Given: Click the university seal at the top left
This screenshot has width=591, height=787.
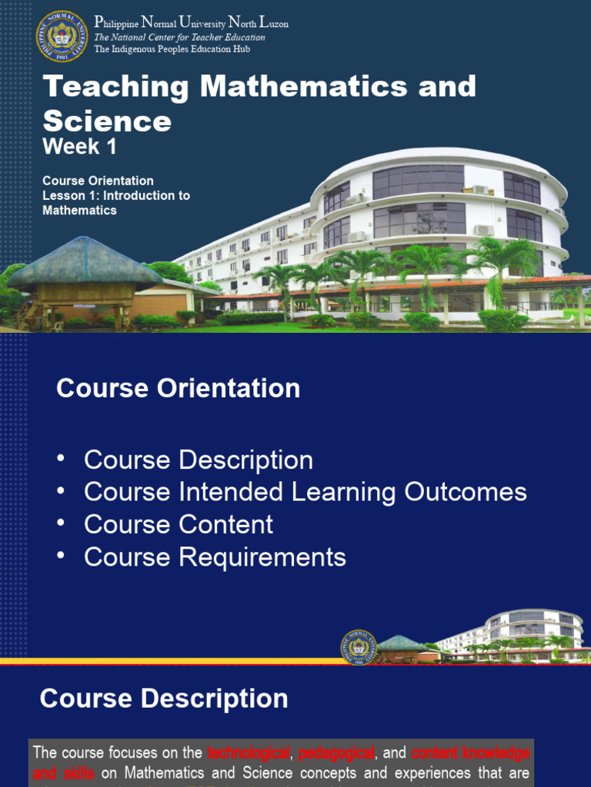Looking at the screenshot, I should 62,36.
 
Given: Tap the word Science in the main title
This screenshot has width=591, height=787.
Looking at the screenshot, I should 107,121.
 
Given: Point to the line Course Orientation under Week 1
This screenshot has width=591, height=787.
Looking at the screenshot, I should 98,181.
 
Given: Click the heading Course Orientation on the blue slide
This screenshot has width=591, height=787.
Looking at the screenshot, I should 178,388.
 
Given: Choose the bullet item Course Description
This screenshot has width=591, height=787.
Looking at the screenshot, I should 198,460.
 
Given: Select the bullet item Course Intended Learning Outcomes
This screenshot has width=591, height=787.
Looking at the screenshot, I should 305,492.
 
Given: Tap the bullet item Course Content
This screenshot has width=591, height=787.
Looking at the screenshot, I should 178,524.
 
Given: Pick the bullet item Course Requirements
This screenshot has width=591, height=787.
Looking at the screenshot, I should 215,557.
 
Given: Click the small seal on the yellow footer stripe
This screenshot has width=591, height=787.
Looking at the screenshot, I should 359,646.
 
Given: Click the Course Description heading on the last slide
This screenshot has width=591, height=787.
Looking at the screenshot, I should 164,699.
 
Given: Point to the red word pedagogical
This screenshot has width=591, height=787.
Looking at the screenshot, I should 336,752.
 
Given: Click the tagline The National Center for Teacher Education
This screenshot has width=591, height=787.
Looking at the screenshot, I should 179,37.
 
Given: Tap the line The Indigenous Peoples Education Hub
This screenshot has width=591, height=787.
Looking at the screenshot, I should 172,49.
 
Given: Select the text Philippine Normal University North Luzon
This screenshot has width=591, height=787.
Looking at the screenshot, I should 191,23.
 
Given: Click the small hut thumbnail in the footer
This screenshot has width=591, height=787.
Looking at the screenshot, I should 401,647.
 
